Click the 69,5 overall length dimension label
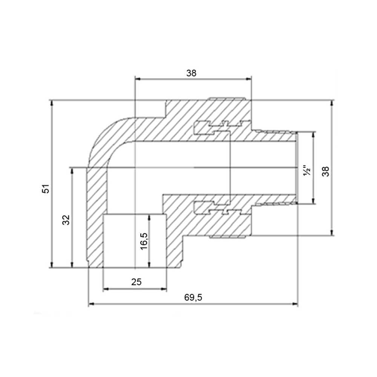(x=193, y=297)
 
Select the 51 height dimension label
(x=46, y=189)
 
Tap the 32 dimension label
(x=66, y=220)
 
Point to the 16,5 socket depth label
(x=144, y=241)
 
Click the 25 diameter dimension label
(x=136, y=282)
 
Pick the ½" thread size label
(x=307, y=170)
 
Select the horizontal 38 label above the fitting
(x=191, y=73)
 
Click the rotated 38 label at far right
(x=326, y=172)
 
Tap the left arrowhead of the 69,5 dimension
(x=91, y=304)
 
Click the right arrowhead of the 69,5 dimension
(x=295, y=304)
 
